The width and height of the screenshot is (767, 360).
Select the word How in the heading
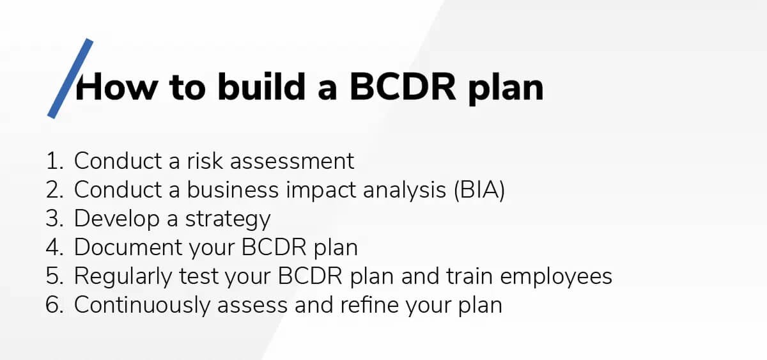[x=116, y=88]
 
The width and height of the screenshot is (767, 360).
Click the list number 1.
[x=53, y=161]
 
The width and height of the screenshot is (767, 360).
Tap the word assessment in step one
[x=292, y=161]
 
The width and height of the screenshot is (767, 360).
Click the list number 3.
[x=53, y=219]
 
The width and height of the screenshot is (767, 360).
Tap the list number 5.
[x=53, y=276]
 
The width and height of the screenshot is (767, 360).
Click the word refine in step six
[x=358, y=305]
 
